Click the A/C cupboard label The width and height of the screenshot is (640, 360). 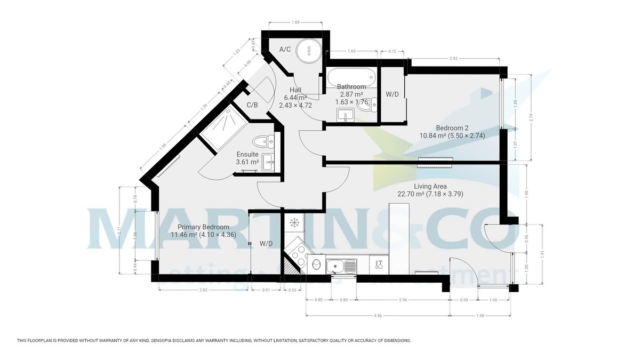tap(285, 50)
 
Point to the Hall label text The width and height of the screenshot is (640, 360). tap(296, 90)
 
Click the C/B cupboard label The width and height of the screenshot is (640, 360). tap(252, 105)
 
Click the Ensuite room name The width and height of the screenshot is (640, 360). tap(247, 154)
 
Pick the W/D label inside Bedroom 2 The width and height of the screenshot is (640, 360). tap(392, 94)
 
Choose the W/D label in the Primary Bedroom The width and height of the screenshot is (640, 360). tap(266, 244)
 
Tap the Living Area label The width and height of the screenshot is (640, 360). tap(430, 187)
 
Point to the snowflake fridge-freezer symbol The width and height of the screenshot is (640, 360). tap(293, 222)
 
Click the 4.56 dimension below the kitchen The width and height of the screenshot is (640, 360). tap(378, 315)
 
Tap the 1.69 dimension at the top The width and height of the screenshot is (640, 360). tap(295, 22)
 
